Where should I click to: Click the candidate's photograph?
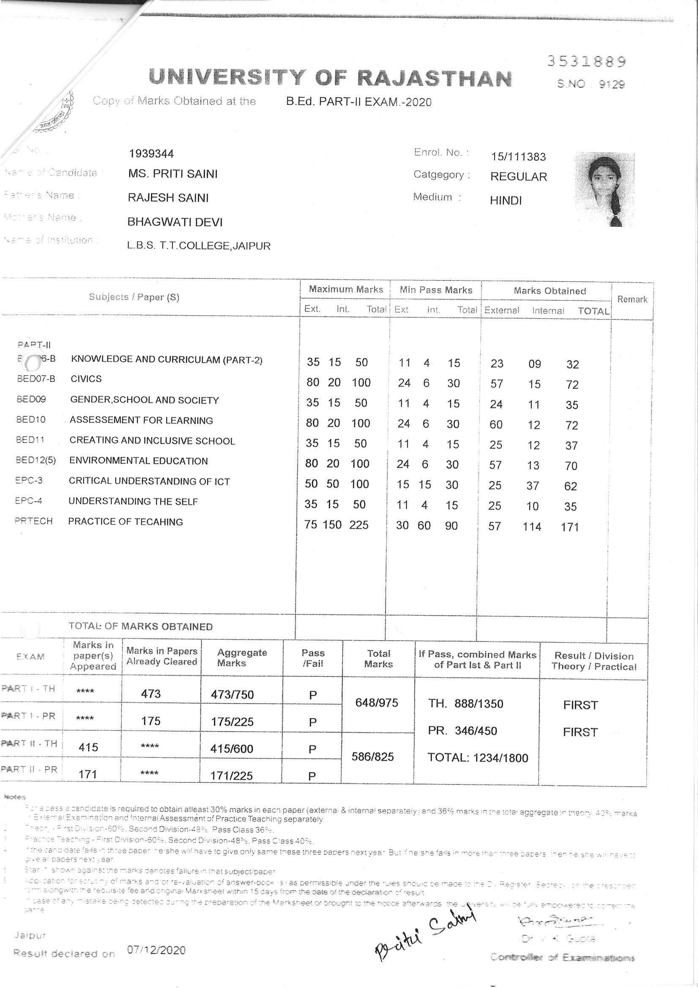click(x=605, y=189)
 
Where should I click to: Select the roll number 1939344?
click(x=151, y=154)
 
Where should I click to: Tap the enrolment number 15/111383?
click(x=518, y=157)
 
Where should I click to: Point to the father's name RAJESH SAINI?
click(x=168, y=198)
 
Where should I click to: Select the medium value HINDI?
click(x=505, y=201)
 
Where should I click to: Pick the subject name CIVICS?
click(x=86, y=379)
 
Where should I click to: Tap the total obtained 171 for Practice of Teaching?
click(x=570, y=527)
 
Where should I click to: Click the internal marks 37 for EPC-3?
click(x=532, y=486)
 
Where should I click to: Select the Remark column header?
click(x=632, y=300)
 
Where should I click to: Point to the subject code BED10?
click(x=30, y=420)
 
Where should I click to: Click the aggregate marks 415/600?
click(x=232, y=749)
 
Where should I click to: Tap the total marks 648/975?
click(x=377, y=703)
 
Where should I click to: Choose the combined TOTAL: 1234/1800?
click(x=477, y=758)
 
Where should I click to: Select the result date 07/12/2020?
click(x=156, y=950)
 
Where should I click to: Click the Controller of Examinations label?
click(x=562, y=958)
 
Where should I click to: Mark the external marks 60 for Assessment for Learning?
click(x=496, y=425)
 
